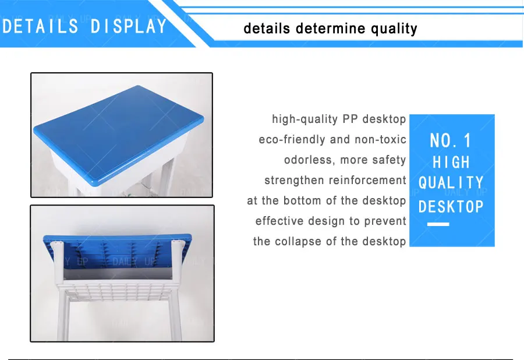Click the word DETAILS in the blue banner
click(40, 26)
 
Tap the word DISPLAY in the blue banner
click(129, 26)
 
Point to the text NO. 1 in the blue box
click(451, 140)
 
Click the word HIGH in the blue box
click(451, 162)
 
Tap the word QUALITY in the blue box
click(451, 183)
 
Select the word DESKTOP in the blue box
click(451, 206)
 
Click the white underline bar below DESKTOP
click(438, 224)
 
